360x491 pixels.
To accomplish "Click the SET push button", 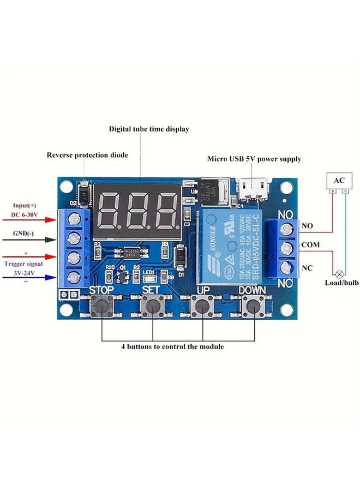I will click(152, 307).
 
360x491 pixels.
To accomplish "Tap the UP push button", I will click(203, 307).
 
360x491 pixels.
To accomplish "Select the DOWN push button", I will click(253, 307).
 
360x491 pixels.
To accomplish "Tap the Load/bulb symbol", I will click(339, 273).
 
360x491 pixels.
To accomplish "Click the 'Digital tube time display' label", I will click(149, 129).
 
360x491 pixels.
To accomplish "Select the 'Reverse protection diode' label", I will click(87, 155).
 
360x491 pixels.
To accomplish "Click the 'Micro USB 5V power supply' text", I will click(254, 159).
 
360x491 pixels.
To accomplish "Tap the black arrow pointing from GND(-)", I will click(39, 239).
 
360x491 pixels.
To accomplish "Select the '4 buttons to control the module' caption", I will click(172, 346).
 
